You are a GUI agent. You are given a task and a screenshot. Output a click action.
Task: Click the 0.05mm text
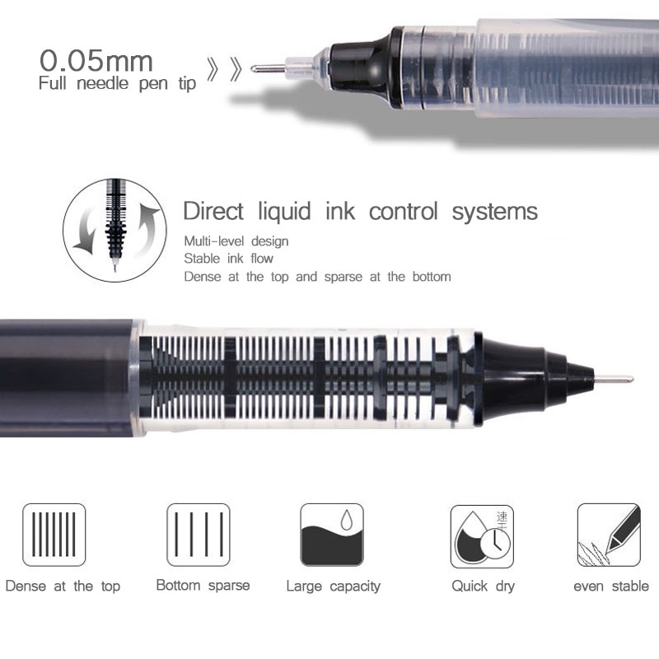tap(96, 60)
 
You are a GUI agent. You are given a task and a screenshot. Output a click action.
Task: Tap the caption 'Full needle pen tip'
tap(117, 83)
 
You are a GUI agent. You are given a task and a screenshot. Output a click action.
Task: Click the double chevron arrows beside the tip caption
tap(225, 69)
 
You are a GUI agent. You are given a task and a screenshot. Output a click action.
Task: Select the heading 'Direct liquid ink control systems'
tap(360, 212)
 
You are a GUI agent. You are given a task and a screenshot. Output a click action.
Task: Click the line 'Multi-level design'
tap(236, 241)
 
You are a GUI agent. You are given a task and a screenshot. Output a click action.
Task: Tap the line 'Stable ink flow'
tap(228, 259)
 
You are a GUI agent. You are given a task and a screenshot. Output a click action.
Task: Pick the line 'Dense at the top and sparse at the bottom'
tap(317, 277)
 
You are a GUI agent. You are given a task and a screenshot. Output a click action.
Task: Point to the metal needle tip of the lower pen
tap(615, 379)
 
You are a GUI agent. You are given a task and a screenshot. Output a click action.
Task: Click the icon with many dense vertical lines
tap(54, 535)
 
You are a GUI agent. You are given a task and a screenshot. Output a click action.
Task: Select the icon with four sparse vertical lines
tap(199, 535)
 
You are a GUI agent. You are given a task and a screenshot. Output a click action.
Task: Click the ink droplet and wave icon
tap(332, 535)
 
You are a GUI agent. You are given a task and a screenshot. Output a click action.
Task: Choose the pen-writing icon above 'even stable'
tap(609, 535)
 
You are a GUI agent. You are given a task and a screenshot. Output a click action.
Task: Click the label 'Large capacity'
tap(333, 587)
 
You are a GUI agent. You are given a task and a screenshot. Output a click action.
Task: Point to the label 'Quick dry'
tap(483, 587)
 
